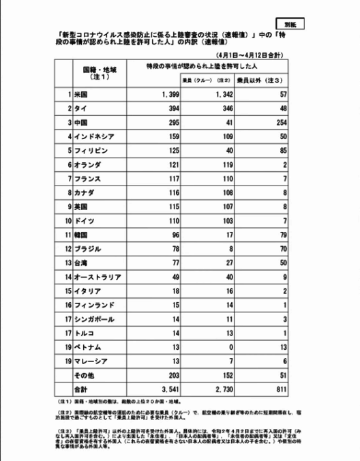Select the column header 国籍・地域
coord(100,73)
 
